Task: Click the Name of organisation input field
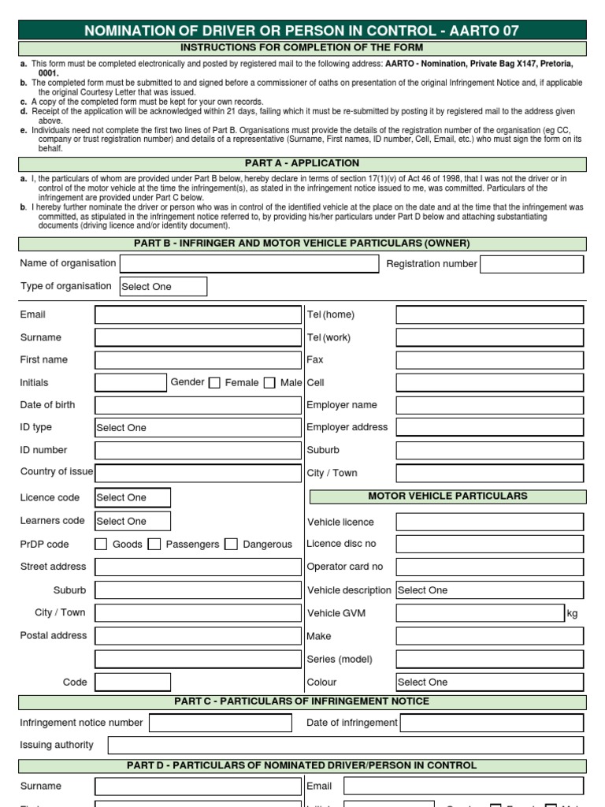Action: tap(249, 264)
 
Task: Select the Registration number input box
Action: tap(532, 264)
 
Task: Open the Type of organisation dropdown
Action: tap(163, 287)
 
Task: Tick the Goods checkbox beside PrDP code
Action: tap(101, 544)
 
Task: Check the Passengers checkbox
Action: tap(154, 544)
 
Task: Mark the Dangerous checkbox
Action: tap(231, 544)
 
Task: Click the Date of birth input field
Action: tap(198, 405)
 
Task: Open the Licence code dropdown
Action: tap(132, 497)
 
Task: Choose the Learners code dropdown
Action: tap(132, 521)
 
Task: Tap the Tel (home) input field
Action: tap(489, 315)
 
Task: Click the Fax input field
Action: tap(489, 360)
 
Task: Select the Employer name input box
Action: tap(489, 405)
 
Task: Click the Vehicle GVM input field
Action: tap(480, 613)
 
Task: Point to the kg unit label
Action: tap(572, 614)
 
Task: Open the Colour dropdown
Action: tap(489, 682)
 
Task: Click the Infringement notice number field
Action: tap(220, 723)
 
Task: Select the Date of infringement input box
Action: tap(492, 723)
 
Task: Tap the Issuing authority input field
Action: tap(346, 746)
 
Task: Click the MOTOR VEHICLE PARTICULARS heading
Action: tap(447, 496)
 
